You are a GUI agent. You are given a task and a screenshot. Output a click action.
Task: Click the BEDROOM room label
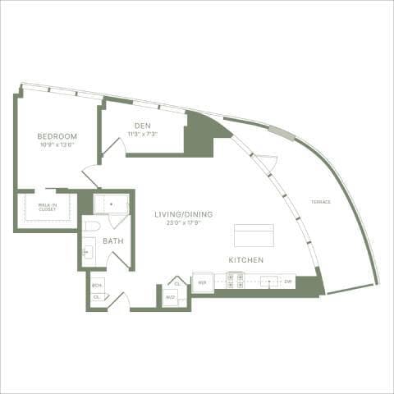[x=57, y=135]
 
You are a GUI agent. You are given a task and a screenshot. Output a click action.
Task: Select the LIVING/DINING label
[x=184, y=214]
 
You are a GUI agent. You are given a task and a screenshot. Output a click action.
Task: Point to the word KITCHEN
[x=245, y=259]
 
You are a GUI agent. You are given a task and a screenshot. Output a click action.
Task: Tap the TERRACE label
[x=321, y=201]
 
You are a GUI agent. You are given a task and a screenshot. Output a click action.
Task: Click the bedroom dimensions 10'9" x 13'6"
[x=57, y=144]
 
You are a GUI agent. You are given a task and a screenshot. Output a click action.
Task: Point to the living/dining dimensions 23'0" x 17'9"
[x=184, y=222]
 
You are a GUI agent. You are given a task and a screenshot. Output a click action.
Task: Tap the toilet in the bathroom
[x=92, y=225]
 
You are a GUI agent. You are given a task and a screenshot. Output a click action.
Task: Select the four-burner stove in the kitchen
[x=234, y=281]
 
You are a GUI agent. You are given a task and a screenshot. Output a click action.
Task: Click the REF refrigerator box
[x=203, y=282]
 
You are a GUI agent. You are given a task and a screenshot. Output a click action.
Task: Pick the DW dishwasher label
[x=288, y=282]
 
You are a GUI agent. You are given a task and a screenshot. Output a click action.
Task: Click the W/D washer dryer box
[x=171, y=296]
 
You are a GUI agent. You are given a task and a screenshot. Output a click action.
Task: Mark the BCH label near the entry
[x=96, y=285]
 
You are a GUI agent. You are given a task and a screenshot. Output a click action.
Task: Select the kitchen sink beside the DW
[x=268, y=281]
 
